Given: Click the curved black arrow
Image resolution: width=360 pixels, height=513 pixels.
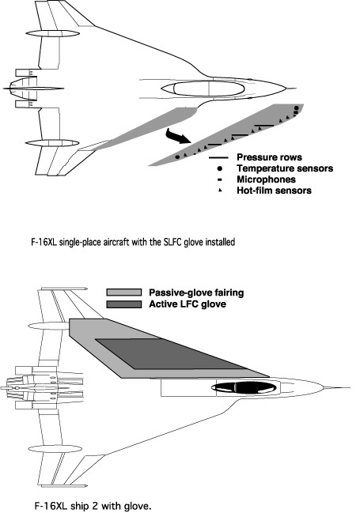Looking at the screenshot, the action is tap(177, 136).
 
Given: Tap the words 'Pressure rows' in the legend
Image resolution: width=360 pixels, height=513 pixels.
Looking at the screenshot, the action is tap(269, 157).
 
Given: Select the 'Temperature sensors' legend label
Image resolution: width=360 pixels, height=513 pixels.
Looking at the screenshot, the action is tap(285, 168).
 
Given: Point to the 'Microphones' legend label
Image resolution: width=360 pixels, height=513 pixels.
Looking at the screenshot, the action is tap(267, 179).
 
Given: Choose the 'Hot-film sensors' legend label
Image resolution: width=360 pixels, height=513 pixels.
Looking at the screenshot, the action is tap(275, 190).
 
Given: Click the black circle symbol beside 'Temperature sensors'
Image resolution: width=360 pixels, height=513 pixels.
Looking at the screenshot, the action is tap(220, 168).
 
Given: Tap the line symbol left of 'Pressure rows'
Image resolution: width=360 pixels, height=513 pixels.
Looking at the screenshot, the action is tap(220, 158).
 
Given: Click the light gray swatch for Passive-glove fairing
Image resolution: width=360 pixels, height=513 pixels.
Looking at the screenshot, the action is tap(124, 292).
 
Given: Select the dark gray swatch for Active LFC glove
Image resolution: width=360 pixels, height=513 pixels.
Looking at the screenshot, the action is tap(124, 304).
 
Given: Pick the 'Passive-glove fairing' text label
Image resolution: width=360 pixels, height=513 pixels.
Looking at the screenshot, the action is tap(196, 292).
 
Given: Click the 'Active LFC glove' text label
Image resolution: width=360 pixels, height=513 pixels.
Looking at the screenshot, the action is tap(188, 304).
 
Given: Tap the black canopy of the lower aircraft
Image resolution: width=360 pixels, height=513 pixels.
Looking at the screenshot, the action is tap(244, 387).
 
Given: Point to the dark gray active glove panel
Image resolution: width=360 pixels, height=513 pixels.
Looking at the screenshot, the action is tap(170, 353).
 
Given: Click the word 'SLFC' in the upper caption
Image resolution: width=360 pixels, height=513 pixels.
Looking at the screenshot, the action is tap(171, 243).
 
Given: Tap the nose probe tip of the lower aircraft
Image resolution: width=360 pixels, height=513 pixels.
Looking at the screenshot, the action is tap(350, 388).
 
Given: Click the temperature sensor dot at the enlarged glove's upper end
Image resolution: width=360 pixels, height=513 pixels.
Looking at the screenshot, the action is tap(296, 108).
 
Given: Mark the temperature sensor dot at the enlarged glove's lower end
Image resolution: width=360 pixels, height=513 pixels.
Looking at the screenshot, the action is tap(177, 157).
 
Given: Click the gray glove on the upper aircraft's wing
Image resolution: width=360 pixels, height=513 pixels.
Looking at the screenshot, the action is tap(144, 129).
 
